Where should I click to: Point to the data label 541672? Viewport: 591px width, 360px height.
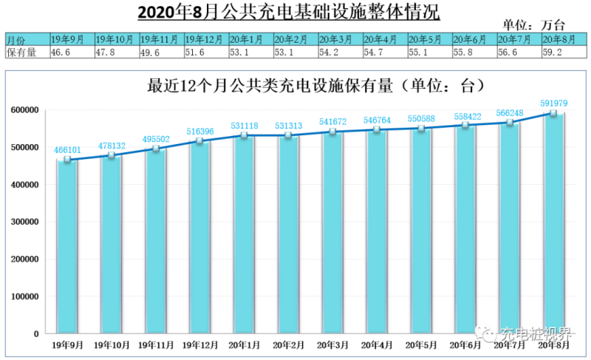[333, 120]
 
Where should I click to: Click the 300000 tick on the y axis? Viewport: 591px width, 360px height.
[27, 222]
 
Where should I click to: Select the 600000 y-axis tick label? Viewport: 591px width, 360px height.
[27, 110]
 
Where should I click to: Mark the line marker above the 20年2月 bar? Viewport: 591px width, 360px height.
[289, 135]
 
